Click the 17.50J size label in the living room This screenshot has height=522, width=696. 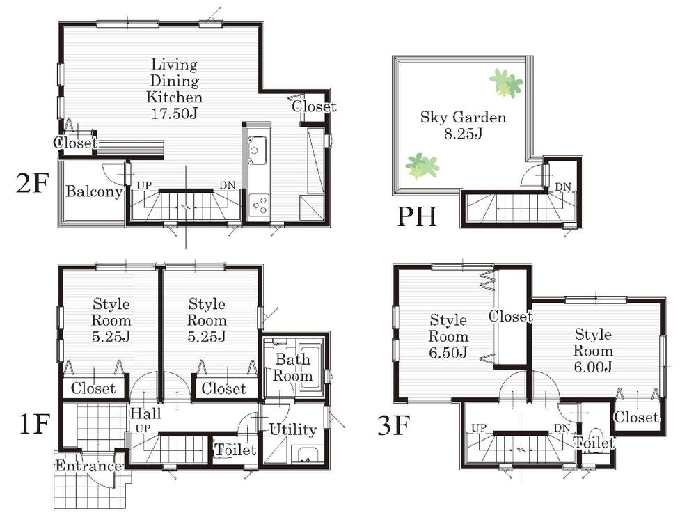coord(176,113)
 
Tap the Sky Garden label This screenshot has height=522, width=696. coord(463,117)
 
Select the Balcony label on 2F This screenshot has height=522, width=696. coord(94,192)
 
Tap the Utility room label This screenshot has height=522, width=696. coord(293,429)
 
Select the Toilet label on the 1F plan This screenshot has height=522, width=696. coord(235,450)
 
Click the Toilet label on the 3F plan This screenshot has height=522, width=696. coord(594,443)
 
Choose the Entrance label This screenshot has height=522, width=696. coord(88,466)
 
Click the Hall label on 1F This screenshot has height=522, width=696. coord(145,414)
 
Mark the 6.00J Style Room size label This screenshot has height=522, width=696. coord(593,367)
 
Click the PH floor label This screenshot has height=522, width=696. coord(416,217)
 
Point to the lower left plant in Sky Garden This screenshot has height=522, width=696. coord(421,166)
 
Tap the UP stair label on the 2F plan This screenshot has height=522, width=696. coord(144,186)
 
